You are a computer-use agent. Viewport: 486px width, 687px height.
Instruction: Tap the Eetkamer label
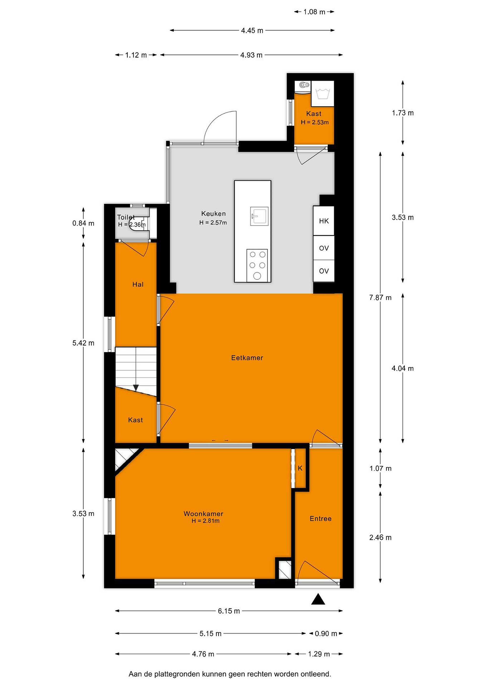click(247, 358)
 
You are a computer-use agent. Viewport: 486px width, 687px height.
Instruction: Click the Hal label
click(138, 285)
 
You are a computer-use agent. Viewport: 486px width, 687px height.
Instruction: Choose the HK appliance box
click(324, 221)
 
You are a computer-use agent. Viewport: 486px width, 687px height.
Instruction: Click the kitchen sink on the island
click(259, 216)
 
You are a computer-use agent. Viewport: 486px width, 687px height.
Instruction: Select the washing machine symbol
click(323, 93)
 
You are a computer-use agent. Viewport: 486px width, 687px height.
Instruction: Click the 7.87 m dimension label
click(380, 298)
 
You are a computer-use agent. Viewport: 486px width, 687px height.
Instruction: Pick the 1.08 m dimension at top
click(314, 12)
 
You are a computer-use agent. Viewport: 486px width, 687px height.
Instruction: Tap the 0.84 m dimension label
click(83, 223)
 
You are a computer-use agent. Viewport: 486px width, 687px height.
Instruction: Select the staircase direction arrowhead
click(136, 388)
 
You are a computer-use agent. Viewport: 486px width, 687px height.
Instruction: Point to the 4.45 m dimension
click(252, 31)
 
